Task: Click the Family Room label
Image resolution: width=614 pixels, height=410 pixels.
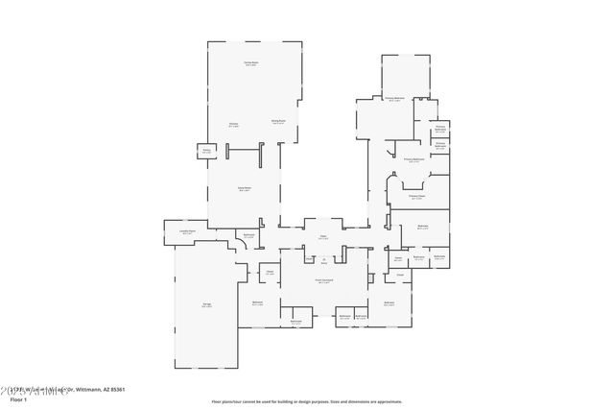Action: [245, 188]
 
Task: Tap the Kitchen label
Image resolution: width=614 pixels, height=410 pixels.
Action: [233, 124]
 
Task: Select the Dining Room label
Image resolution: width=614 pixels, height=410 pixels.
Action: [278, 121]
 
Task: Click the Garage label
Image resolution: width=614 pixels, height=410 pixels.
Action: [206, 305]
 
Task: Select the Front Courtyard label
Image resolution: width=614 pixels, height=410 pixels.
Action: [323, 281]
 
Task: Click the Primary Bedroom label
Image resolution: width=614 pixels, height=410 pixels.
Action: [394, 98]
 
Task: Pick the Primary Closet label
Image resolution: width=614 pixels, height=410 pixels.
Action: [416, 197]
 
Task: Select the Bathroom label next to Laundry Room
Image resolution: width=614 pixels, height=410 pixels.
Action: [248, 234]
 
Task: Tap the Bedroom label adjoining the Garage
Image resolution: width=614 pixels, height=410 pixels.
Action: [258, 303]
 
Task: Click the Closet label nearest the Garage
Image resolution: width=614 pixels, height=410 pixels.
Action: [271, 272]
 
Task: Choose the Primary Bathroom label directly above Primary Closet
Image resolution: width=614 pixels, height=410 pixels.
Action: [413, 159]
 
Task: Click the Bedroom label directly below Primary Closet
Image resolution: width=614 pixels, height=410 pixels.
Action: [422, 228]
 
